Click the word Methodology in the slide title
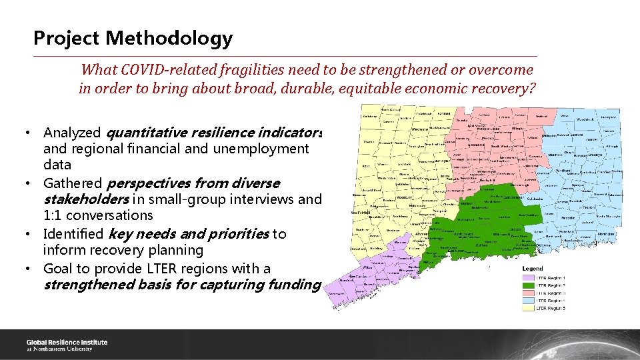coord(168,39)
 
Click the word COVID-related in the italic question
coord(170,70)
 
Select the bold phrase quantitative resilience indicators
coord(214,133)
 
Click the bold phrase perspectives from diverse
coord(193,183)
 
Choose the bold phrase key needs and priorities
coord(189,234)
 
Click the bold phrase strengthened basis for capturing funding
coord(182,285)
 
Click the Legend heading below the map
coord(533,269)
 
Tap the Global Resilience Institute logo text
coord(67,345)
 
